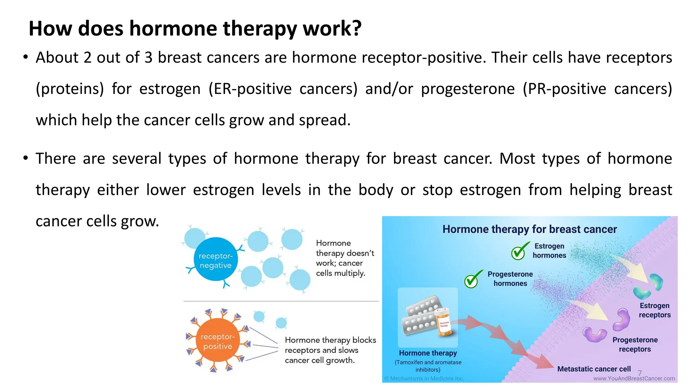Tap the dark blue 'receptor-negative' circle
[x=215, y=260]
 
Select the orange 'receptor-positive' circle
[x=218, y=341]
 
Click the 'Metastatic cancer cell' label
[x=594, y=369]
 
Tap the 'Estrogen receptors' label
[x=654, y=310]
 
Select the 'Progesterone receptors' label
[x=635, y=344]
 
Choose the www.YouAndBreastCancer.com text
[x=634, y=378]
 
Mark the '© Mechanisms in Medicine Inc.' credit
[x=424, y=378]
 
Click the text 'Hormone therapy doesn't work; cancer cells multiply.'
[x=344, y=258]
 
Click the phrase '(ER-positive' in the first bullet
[x=250, y=89]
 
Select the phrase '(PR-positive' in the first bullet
[x=564, y=89]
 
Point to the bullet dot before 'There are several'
[x=25, y=158]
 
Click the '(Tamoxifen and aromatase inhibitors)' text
[x=428, y=366]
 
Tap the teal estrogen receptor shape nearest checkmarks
[x=656, y=281]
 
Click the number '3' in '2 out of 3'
[x=148, y=58]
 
